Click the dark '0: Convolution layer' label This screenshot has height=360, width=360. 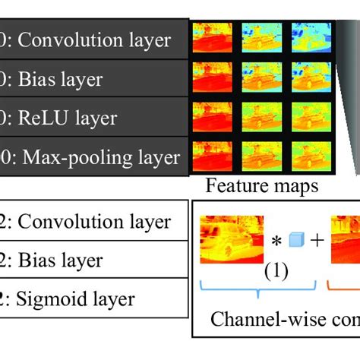pyautogui.click(x=91, y=39)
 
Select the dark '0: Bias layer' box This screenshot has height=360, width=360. pyautogui.click(x=91, y=78)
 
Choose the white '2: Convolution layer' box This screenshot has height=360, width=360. pyautogui.click(x=91, y=221)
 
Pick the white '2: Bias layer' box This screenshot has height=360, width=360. pyautogui.click(x=91, y=261)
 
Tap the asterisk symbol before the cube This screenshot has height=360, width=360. pyautogui.click(x=276, y=242)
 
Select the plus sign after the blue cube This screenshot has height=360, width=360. pyautogui.click(x=315, y=241)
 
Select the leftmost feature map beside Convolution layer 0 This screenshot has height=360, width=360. pyautogui.click(x=212, y=36)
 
